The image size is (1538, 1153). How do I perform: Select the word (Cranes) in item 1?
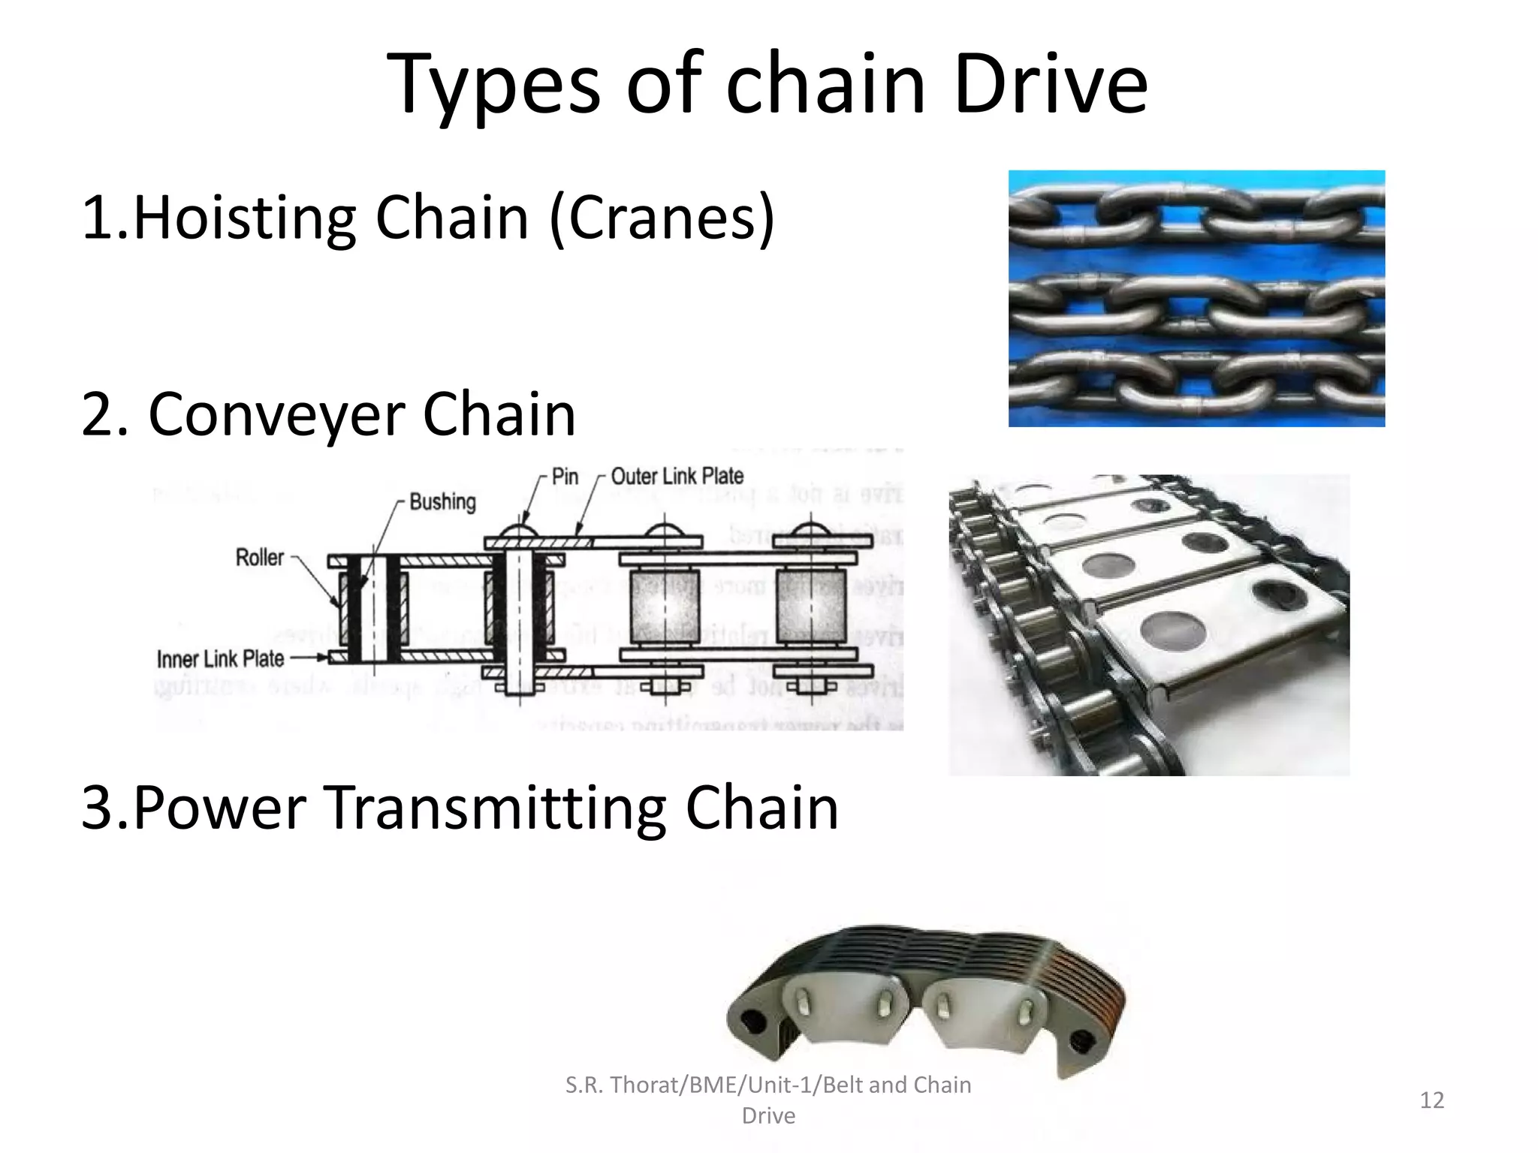[662, 218]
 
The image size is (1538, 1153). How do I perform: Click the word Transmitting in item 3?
[496, 808]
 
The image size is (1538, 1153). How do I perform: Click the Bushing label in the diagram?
[442, 501]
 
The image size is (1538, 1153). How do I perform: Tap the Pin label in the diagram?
[565, 476]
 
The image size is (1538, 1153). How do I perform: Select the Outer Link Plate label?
[677, 476]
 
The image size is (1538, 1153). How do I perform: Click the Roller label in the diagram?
[260, 558]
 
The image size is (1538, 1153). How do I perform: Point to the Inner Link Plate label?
[220, 659]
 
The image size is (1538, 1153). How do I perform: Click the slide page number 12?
[1431, 1100]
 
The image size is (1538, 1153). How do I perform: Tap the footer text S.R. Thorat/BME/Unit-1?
[767, 1085]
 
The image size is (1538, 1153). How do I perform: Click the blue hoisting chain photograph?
[1196, 298]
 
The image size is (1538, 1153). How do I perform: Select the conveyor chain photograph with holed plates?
[1149, 625]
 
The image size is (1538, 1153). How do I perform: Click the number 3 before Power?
[97, 808]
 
